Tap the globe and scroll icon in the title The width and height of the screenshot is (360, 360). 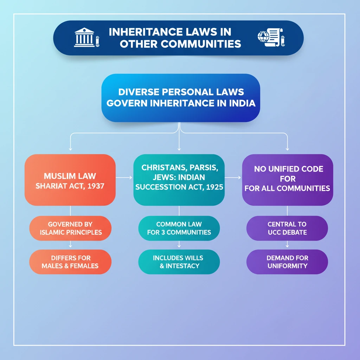tap(271, 38)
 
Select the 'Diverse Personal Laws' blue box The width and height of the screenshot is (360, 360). tap(181, 98)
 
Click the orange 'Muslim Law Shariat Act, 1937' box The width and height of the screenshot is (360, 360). tap(70, 180)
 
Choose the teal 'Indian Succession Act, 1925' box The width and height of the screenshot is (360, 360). tap(179, 180)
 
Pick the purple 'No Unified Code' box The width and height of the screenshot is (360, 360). tap(288, 180)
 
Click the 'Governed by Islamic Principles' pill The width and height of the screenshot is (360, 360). tap(70, 228)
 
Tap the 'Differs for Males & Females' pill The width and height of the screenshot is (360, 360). tap(70, 262)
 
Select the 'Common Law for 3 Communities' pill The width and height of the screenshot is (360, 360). tap(179, 228)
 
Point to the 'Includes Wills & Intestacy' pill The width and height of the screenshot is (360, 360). tap(179, 262)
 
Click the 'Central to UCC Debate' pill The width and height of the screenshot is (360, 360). tap(287, 228)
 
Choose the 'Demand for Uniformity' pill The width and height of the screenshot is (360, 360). tap(287, 262)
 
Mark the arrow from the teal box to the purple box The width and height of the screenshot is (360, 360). tap(233, 178)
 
